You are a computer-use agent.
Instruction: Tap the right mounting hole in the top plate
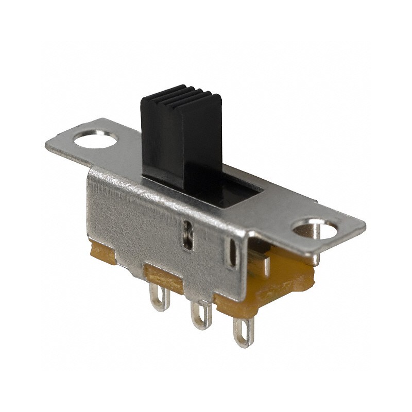(314, 230)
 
